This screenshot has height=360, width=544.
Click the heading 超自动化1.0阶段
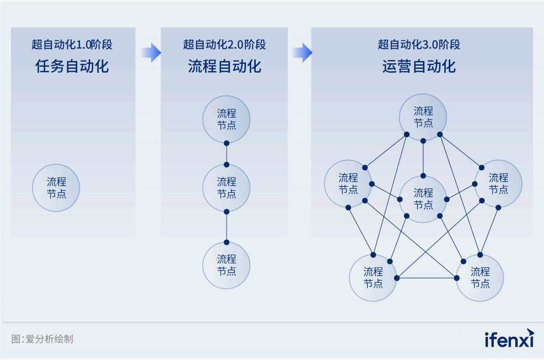point(72,45)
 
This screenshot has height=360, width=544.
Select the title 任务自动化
point(72,67)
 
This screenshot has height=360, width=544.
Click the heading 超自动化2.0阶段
point(224,45)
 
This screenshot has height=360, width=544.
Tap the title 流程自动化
point(224,67)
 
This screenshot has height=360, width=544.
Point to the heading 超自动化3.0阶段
point(419,45)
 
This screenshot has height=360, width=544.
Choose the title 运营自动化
point(419,67)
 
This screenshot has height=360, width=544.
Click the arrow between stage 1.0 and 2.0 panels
point(150,52)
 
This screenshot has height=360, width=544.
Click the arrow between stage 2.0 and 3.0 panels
point(301,52)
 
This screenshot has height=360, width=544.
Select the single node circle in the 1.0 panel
point(56,187)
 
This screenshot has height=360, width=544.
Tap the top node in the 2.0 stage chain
point(227,119)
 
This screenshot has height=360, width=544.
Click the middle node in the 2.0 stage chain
point(227,187)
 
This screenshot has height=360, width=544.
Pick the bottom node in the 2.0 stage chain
point(227,265)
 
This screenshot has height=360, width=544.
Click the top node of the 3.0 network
point(423,117)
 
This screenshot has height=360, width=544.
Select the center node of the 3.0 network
point(423,199)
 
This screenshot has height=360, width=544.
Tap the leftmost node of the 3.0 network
point(348,184)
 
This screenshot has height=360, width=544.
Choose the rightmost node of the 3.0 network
point(498,184)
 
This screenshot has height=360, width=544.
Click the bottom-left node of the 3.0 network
point(373,277)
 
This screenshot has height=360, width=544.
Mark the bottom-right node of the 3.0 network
point(480,277)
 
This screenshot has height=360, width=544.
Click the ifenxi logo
point(509,338)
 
